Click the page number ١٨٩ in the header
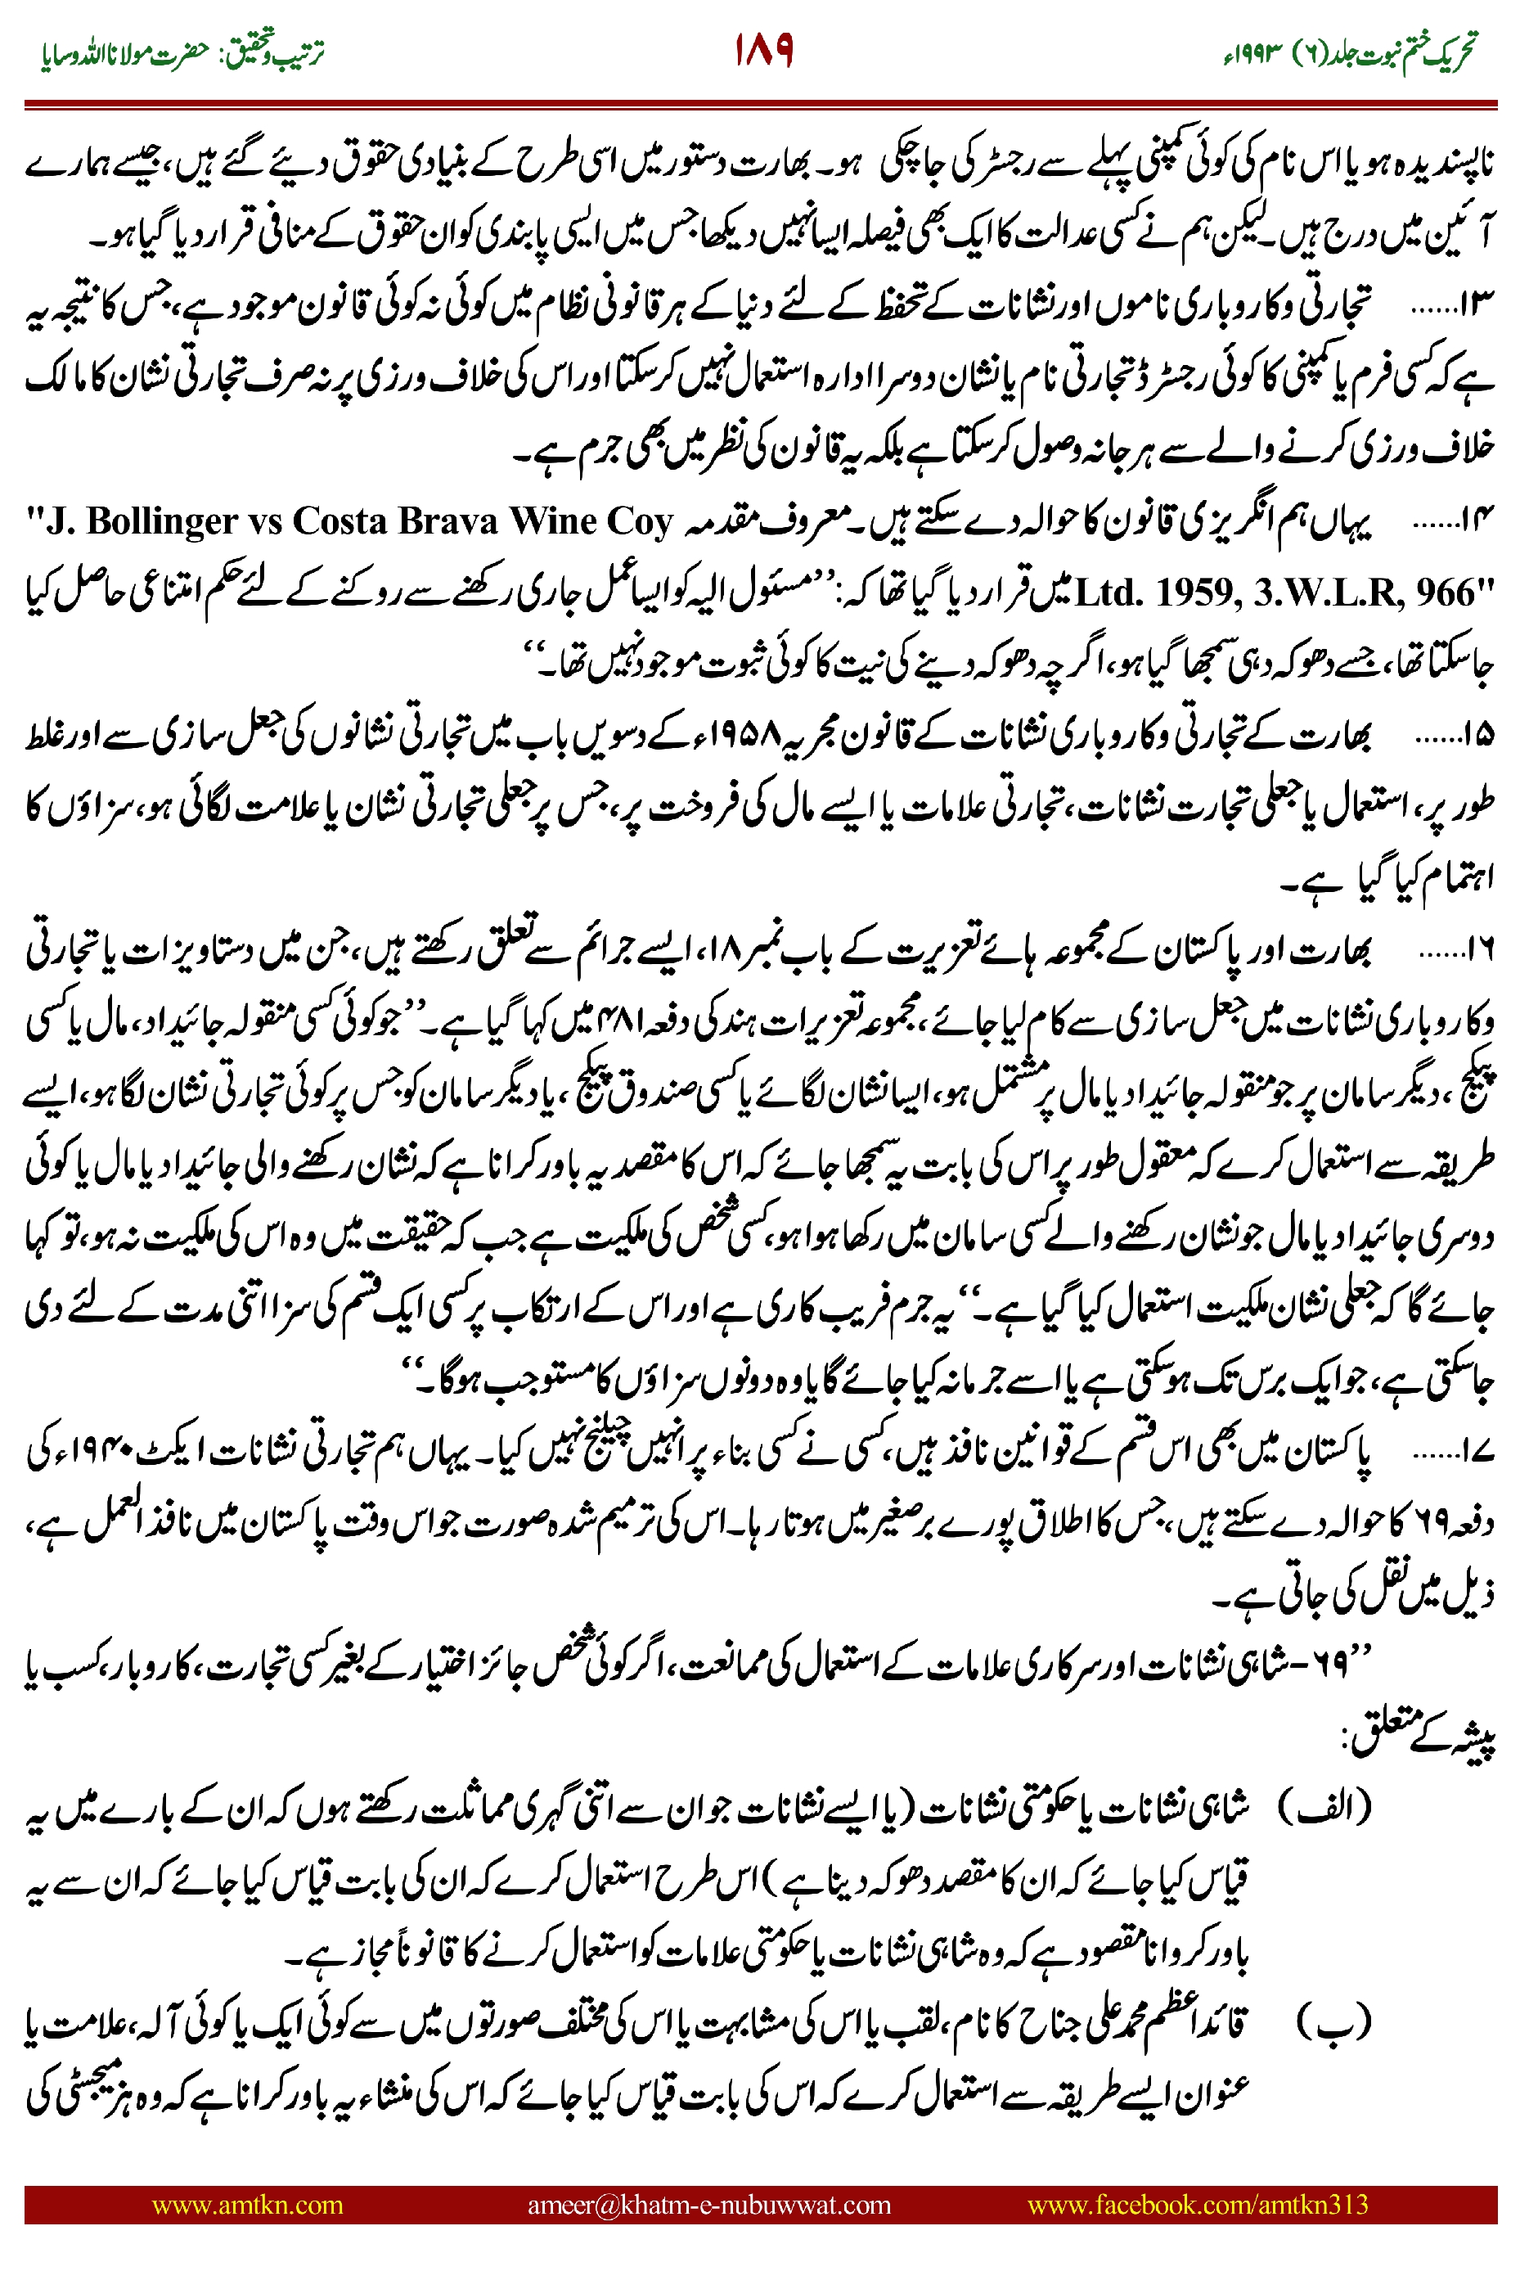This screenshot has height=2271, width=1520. click(x=763, y=51)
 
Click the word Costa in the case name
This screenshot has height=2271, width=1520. click(x=332, y=521)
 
